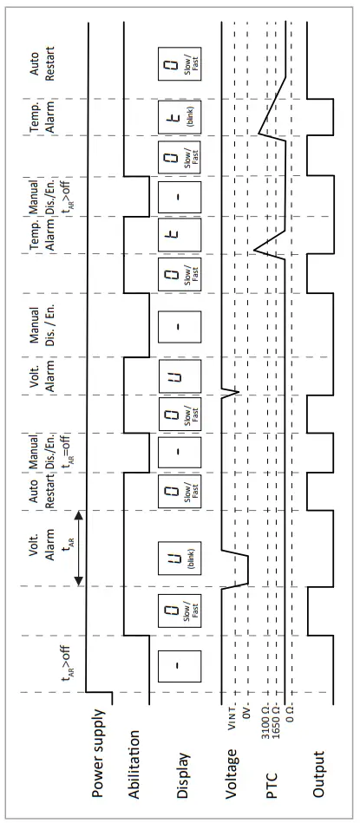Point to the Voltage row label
click(x=231, y=762)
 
